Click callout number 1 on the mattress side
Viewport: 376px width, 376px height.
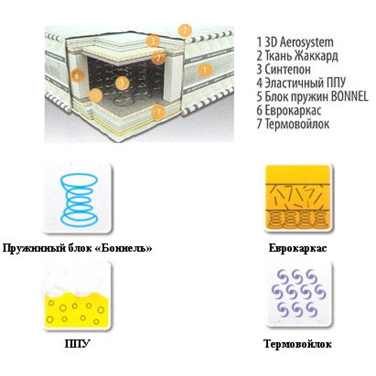(x=205, y=69)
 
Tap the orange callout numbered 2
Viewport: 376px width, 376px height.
(x=185, y=31)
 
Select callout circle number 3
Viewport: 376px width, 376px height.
(x=153, y=41)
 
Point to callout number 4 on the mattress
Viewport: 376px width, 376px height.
(x=96, y=95)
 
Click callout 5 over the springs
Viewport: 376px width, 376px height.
(x=122, y=83)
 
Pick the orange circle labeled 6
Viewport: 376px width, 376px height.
(x=77, y=76)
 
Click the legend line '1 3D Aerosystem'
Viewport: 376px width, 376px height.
(x=295, y=42)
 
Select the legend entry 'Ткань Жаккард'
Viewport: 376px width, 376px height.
(x=301, y=56)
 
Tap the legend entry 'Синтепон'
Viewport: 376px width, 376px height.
(x=287, y=69)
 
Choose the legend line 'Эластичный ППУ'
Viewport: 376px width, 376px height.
(x=305, y=83)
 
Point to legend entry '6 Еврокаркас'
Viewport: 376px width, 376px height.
(x=289, y=110)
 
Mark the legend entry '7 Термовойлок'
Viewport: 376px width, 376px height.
(x=293, y=124)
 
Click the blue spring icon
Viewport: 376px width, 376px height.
(x=78, y=199)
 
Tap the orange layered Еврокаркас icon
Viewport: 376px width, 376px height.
(x=298, y=198)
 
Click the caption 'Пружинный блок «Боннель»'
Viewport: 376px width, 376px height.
(x=77, y=248)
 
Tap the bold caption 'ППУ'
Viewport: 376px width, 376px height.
(x=77, y=344)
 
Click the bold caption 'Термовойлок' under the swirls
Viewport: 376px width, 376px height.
(x=298, y=344)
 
